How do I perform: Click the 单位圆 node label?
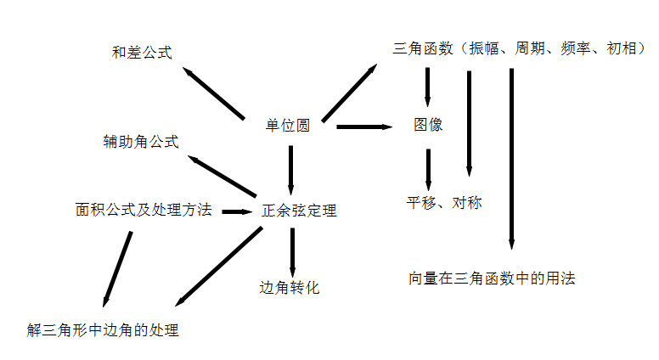(287, 125)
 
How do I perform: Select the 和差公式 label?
(142, 53)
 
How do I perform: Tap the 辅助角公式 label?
(141, 142)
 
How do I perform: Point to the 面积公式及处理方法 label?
(143, 210)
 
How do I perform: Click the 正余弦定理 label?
(299, 210)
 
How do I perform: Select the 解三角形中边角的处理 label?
(103, 329)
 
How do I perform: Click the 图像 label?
(428, 125)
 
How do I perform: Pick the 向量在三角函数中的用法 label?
(492, 278)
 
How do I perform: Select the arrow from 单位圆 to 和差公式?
(214, 93)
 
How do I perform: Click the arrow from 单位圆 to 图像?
(365, 127)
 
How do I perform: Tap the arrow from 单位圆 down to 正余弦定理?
(290, 170)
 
